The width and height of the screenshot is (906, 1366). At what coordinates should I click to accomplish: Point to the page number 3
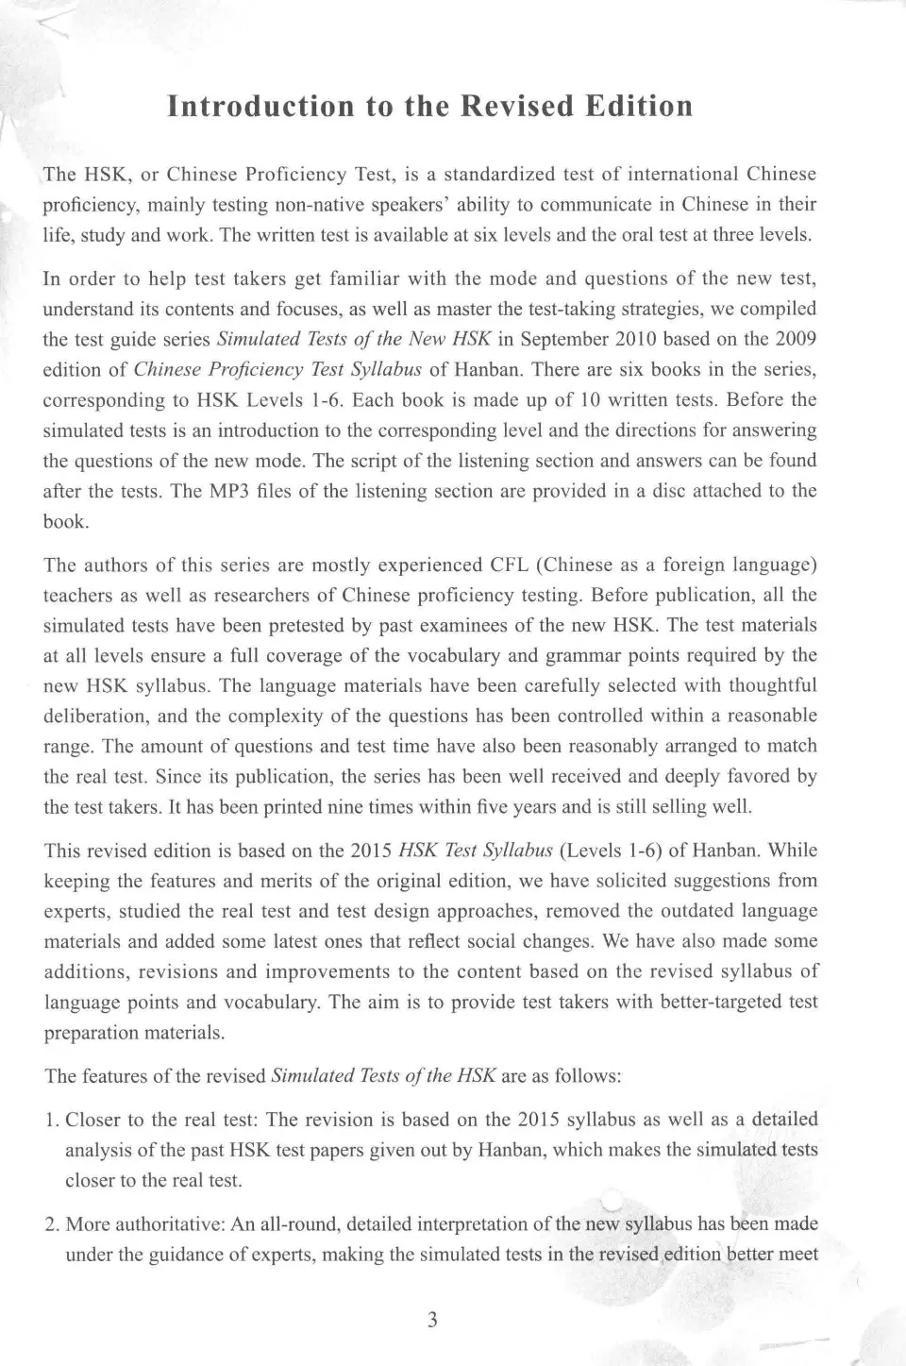click(x=432, y=1320)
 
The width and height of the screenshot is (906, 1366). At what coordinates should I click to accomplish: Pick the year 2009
click(x=795, y=339)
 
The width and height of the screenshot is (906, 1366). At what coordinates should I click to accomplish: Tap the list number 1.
click(x=51, y=1120)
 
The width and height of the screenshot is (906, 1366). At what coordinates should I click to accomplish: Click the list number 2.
click(x=51, y=1224)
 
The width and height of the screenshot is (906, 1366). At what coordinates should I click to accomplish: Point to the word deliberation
click(x=94, y=716)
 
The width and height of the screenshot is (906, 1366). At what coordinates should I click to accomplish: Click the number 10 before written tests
click(x=590, y=399)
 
